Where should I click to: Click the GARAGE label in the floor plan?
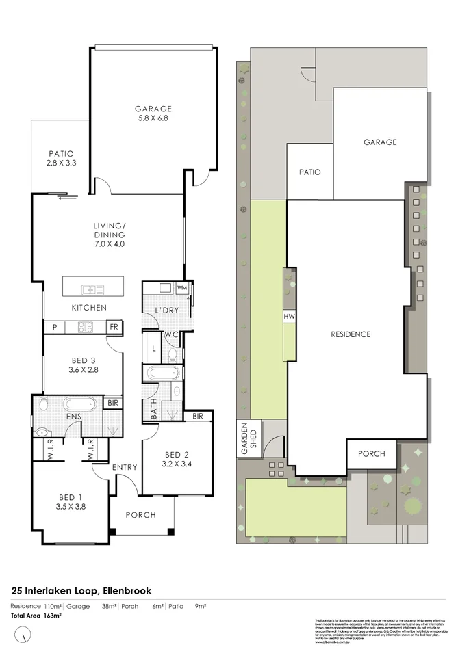(x=153, y=109)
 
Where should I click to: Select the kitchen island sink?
(x=92, y=289)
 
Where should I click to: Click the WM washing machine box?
(x=181, y=289)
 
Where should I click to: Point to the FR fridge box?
(x=114, y=328)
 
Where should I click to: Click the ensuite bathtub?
(x=76, y=403)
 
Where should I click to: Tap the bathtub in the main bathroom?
(x=163, y=373)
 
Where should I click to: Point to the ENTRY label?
(x=125, y=467)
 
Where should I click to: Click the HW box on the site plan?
(x=289, y=317)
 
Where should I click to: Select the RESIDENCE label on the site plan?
(x=351, y=334)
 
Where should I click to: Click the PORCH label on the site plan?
(x=370, y=453)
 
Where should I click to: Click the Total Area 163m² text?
(x=36, y=616)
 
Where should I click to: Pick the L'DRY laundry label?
(x=166, y=309)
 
